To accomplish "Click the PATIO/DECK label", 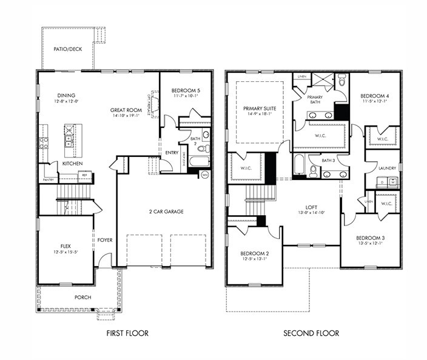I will pyautogui.click(x=67, y=48).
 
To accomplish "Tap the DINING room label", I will pyautogui.click(x=66, y=95).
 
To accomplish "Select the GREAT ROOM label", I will pyautogui.click(x=126, y=110).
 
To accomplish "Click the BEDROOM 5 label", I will pyautogui.click(x=186, y=90).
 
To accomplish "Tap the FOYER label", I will pyautogui.click(x=105, y=240).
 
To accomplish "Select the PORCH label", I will pyautogui.click(x=82, y=297).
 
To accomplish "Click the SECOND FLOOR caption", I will pyautogui.click(x=311, y=333).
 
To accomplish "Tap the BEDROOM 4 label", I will pyautogui.click(x=374, y=96).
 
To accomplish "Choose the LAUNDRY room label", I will pyautogui.click(x=386, y=168).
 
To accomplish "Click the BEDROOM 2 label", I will pyautogui.click(x=254, y=253).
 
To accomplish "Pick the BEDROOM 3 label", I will pyautogui.click(x=370, y=238).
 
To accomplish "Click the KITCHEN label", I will pyautogui.click(x=72, y=164).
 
